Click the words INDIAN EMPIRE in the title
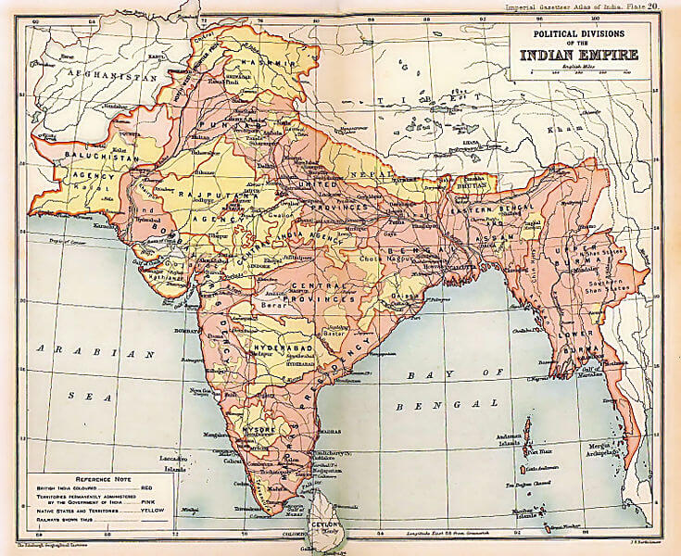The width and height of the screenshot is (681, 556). pos(583,54)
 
